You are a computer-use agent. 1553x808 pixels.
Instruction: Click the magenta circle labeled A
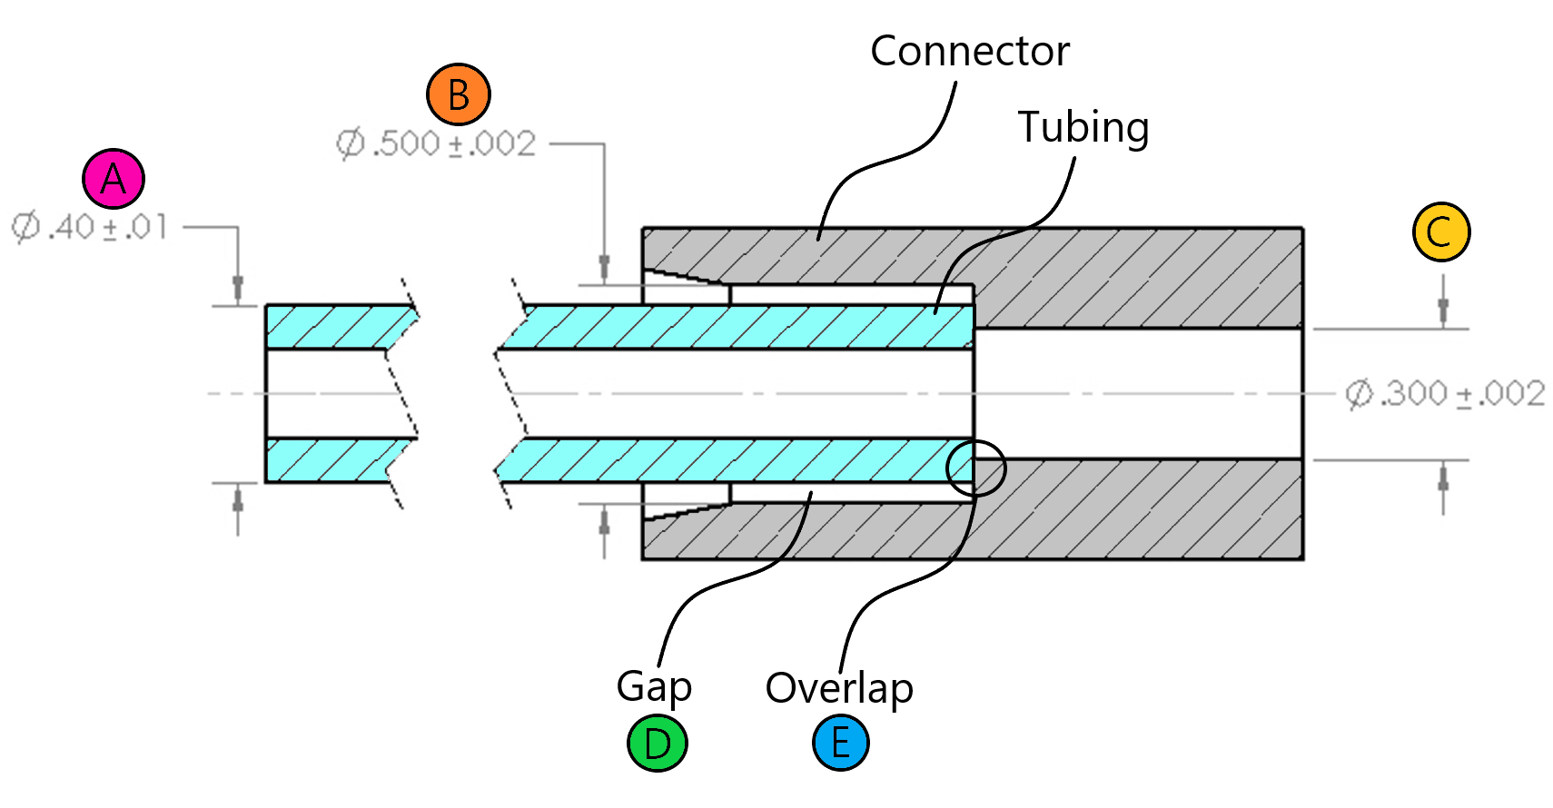114,179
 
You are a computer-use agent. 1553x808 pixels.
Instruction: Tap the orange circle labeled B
459,94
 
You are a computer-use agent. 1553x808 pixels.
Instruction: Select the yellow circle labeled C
1441,232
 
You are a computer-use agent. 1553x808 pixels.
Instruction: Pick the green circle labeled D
658,744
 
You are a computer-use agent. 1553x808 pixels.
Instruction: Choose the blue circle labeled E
841,743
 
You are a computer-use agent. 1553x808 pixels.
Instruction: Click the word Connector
969,52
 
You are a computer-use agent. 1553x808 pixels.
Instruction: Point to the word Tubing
1083,127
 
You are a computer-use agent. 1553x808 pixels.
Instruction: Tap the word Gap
654,687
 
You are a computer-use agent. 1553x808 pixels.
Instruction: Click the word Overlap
839,688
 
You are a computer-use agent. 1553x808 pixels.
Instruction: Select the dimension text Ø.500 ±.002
437,143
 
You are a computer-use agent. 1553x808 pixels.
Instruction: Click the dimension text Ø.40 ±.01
90,227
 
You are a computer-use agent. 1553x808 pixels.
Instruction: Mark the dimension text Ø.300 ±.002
1445,394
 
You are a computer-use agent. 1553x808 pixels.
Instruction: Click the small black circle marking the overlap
975,468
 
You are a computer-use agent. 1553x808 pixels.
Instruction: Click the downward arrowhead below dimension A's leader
238,288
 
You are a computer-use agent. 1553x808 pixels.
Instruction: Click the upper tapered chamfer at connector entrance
685,278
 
